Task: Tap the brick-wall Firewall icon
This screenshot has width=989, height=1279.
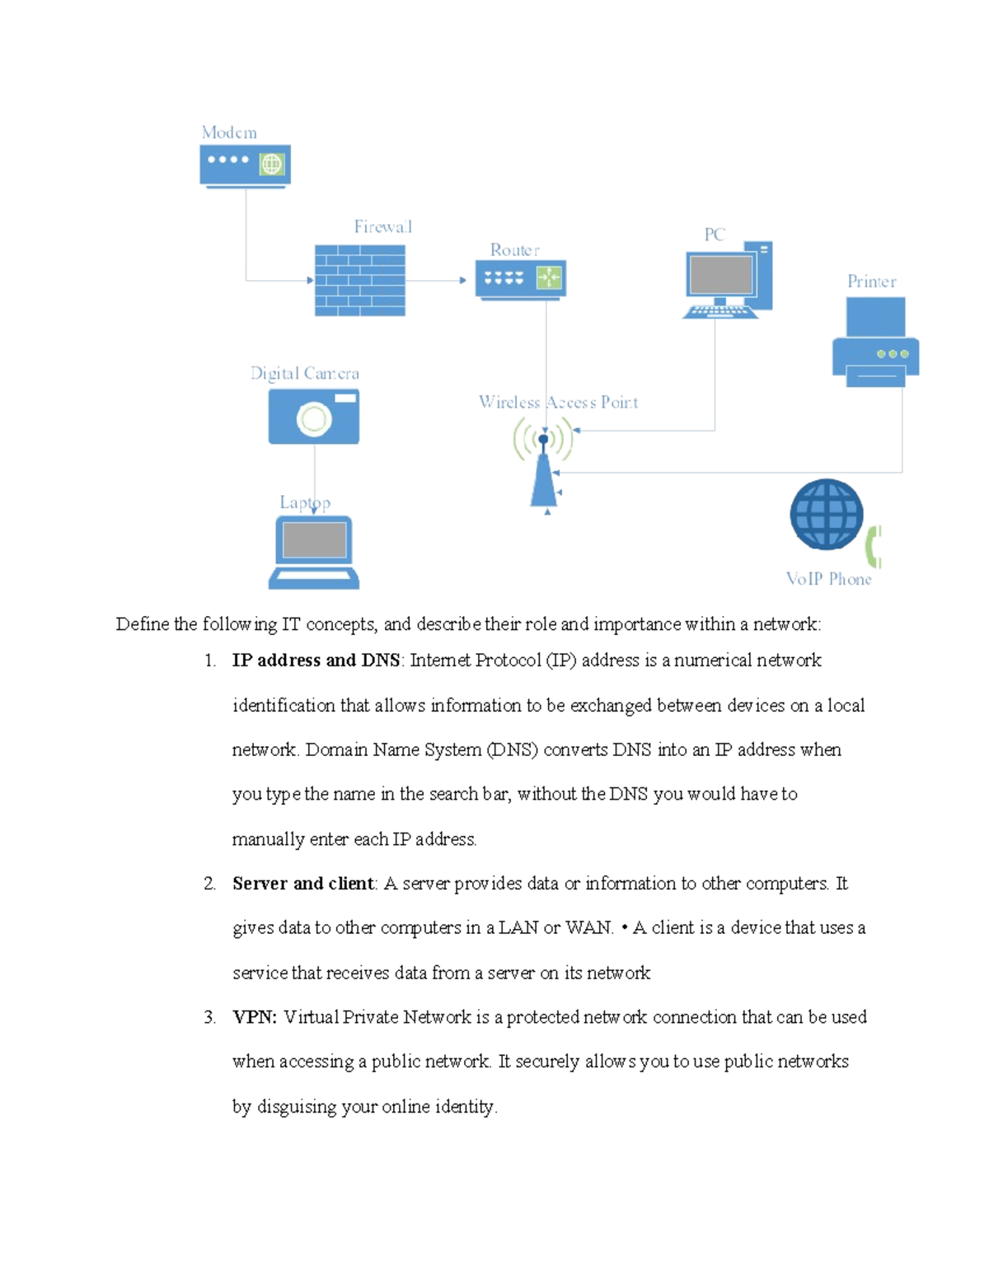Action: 359,280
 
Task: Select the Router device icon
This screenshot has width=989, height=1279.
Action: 520,279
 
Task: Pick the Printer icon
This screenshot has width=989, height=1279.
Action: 875,343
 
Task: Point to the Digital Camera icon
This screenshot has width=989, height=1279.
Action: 313,416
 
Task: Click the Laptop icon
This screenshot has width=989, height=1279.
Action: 314,552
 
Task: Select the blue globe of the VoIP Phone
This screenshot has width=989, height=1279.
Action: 826,514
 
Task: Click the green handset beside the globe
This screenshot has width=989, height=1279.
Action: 874,546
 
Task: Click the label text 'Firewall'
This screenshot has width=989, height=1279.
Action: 382,226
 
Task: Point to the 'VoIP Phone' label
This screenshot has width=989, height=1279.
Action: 828,579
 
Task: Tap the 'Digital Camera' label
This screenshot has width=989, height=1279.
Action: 305,373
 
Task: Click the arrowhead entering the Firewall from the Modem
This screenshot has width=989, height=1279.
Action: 310,280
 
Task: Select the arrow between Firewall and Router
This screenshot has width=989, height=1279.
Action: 436,280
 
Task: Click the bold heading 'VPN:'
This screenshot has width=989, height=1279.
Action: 255,1017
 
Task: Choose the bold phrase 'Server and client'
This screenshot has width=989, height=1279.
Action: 302,884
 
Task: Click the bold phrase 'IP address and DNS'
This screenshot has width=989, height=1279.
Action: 316,661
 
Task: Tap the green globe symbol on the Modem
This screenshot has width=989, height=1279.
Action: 271,164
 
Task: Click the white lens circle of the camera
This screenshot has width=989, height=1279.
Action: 314,419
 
